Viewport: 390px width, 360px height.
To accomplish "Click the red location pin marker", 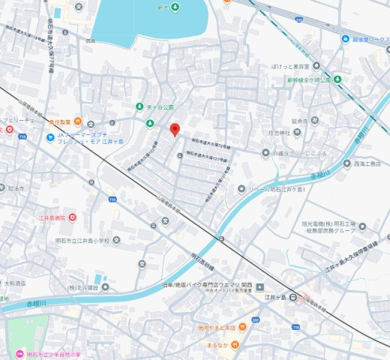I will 175,129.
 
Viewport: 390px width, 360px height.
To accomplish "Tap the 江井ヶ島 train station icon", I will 295,296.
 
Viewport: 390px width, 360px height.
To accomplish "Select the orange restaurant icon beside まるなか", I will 235,344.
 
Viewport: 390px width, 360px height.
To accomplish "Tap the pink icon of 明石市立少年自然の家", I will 17,353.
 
